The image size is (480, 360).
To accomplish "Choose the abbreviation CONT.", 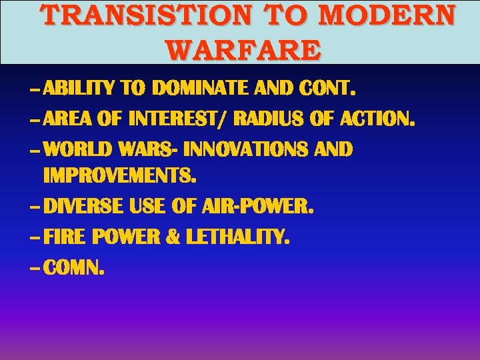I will (x=328, y=88).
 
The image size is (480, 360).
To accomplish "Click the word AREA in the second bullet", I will (x=69, y=120).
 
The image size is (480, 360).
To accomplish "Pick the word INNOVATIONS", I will (x=245, y=149).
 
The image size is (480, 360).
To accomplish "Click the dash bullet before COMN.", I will (x=34, y=268).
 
